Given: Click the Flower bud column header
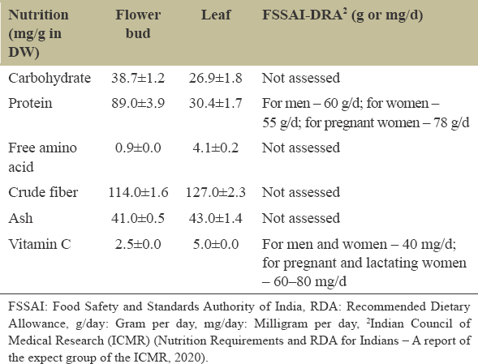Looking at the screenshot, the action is point(138,24).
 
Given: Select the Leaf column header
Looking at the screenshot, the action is point(216,15).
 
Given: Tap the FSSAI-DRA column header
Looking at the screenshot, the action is point(342,15).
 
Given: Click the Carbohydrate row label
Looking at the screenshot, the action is point(50,79).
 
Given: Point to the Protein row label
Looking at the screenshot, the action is point(30,103).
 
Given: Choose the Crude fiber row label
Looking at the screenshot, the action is point(43,192).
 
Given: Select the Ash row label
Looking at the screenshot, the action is point(20,218).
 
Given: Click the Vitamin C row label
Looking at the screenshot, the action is point(40,244).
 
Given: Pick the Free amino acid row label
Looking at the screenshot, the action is point(42,157).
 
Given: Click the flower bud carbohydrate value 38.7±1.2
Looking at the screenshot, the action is point(138,79).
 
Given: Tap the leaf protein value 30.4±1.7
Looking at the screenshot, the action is point(216,103).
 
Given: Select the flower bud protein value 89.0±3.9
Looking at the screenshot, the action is point(138,103).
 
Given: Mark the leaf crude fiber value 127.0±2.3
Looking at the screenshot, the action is point(216,192).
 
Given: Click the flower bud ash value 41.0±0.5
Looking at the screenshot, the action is point(138,218).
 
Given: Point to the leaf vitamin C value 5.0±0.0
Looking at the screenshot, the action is point(216,244).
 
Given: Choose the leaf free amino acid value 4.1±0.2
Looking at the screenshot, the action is point(216,148).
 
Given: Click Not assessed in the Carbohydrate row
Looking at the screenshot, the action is point(301,78).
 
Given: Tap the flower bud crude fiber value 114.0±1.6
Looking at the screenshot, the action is point(138,192).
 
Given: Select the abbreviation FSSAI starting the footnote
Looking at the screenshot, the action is point(26,306).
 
